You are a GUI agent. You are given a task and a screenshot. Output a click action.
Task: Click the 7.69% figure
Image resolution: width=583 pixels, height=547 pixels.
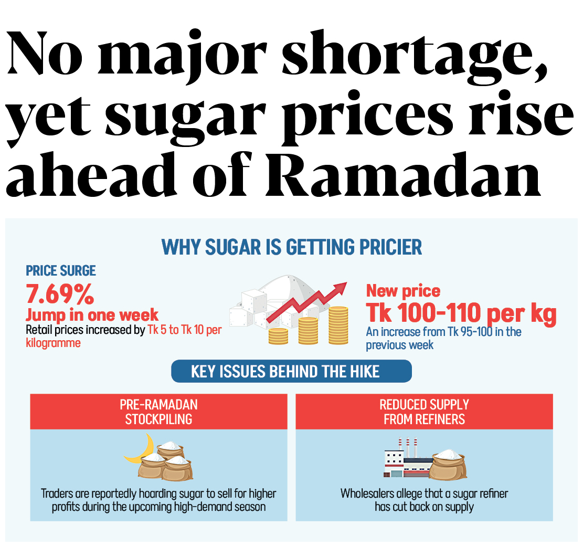[60, 295]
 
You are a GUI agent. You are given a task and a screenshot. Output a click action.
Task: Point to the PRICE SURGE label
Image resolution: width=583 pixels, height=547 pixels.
[61, 271]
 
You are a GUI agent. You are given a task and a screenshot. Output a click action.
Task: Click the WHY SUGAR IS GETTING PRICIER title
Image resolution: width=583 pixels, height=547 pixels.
[291, 247]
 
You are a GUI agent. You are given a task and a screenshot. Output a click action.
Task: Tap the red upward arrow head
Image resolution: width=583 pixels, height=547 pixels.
[341, 287]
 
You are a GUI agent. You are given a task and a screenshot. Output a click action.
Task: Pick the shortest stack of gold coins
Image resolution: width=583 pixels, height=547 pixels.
[278, 336]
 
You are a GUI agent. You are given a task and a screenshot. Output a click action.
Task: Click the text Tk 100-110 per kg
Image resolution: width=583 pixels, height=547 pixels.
[461, 313]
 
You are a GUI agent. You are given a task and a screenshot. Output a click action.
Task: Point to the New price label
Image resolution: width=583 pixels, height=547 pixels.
[403, 290]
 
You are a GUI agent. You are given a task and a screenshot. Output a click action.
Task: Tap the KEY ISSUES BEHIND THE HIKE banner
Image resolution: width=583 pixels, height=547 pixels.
[291, 372]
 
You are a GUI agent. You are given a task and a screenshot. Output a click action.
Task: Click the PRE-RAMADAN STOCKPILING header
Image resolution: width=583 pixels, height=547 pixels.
[158, 412]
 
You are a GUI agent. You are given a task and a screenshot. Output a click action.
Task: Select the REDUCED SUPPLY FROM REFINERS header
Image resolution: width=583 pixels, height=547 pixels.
[424, 412]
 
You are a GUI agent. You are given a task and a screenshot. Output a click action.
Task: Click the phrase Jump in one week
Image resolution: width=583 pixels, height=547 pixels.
[92, 315]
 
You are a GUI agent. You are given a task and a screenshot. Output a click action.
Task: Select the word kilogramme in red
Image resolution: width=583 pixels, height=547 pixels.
[54, 343]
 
